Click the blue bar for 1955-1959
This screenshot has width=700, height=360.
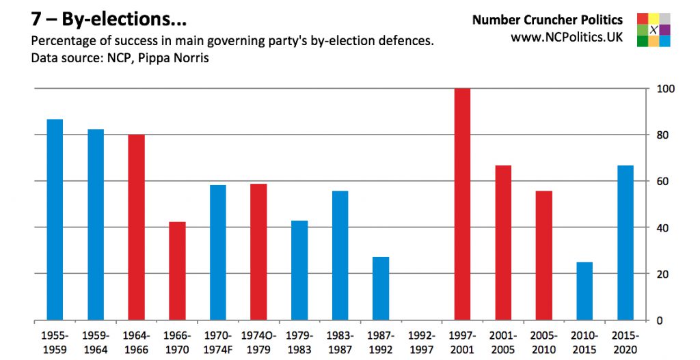[55, 219]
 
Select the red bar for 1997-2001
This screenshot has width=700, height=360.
[462, 204]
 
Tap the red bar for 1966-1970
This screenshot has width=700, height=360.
[177, 271]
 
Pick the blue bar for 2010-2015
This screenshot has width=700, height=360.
[584, 291]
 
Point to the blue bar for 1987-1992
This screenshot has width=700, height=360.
[381, 288]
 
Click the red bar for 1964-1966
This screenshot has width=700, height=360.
[136, 227]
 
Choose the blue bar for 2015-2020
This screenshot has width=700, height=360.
[625, 243]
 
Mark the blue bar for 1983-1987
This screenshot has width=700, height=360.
[340, 255]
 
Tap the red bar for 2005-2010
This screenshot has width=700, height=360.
[543, 255]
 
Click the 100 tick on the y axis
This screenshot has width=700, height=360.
[665, 89]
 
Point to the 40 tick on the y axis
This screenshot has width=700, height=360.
[662, 227]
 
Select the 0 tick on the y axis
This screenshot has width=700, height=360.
[660, 320]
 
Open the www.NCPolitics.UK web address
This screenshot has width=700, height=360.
[567, 38]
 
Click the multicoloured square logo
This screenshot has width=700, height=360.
[653, 30]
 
